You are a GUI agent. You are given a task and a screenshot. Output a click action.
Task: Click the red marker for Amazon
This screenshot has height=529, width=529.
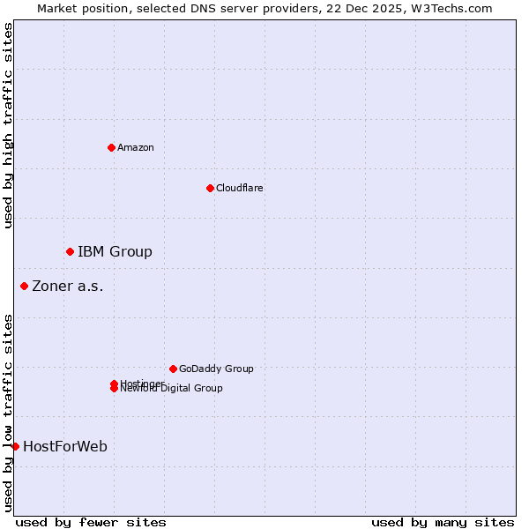pos(111,147)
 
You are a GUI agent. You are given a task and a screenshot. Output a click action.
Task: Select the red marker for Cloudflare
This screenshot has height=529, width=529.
pos(210,188)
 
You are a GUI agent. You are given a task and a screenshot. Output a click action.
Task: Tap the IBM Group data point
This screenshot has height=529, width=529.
pos(70,252)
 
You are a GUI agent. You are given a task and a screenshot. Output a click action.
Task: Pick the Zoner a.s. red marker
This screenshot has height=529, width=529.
pos(24,286)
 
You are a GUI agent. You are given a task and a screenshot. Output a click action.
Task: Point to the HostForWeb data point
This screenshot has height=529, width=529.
pos(15,446)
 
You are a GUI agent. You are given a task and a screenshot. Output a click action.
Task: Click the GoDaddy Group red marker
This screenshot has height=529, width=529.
pos(173,369)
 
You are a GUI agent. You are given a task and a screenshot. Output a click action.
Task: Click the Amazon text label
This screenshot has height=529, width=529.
pos(136,147)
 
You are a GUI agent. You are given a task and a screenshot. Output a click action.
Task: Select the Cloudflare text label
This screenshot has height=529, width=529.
pos(240,188)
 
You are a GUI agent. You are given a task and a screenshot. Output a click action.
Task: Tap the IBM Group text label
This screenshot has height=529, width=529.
pos(115,252)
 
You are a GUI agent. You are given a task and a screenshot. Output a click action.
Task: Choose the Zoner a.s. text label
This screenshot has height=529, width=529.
pos(68,286)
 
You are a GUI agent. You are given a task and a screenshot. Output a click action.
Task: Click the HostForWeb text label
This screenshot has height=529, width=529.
pos(65,446)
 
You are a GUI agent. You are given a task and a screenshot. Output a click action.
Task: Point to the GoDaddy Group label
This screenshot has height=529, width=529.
pos(216,369)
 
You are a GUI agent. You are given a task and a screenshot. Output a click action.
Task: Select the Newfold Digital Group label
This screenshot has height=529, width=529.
pos(173,389)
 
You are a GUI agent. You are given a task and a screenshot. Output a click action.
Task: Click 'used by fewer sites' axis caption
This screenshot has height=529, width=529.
pos(91,522)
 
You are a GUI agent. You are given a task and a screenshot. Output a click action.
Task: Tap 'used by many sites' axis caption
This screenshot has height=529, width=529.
pos(443,522)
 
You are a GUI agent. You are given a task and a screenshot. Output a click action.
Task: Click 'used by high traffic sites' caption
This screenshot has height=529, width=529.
pos(8,125)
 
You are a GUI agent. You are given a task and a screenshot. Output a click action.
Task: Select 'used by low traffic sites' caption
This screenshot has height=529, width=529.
pos(8,413)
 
